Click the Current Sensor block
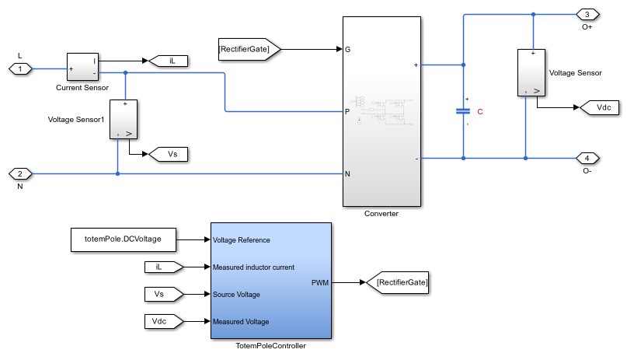(x=82, y=68)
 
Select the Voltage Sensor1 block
(x=124, y=119)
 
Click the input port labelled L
(x=20, y=69)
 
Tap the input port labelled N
(x=20, y=173)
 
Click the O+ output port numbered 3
(x=587, y=14)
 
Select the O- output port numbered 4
(x=587, y=159)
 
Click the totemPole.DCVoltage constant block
(x=123, y=239)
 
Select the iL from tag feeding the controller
(x=164, y=267)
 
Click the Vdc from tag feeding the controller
(x=164, y=321)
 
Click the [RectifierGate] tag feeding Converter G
(x=248, y=49)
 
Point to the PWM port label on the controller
(x=319, y=284)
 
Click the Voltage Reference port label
(x=242, y=240)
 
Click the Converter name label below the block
(x=381, y=213)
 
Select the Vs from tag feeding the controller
(x=164, y=294)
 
